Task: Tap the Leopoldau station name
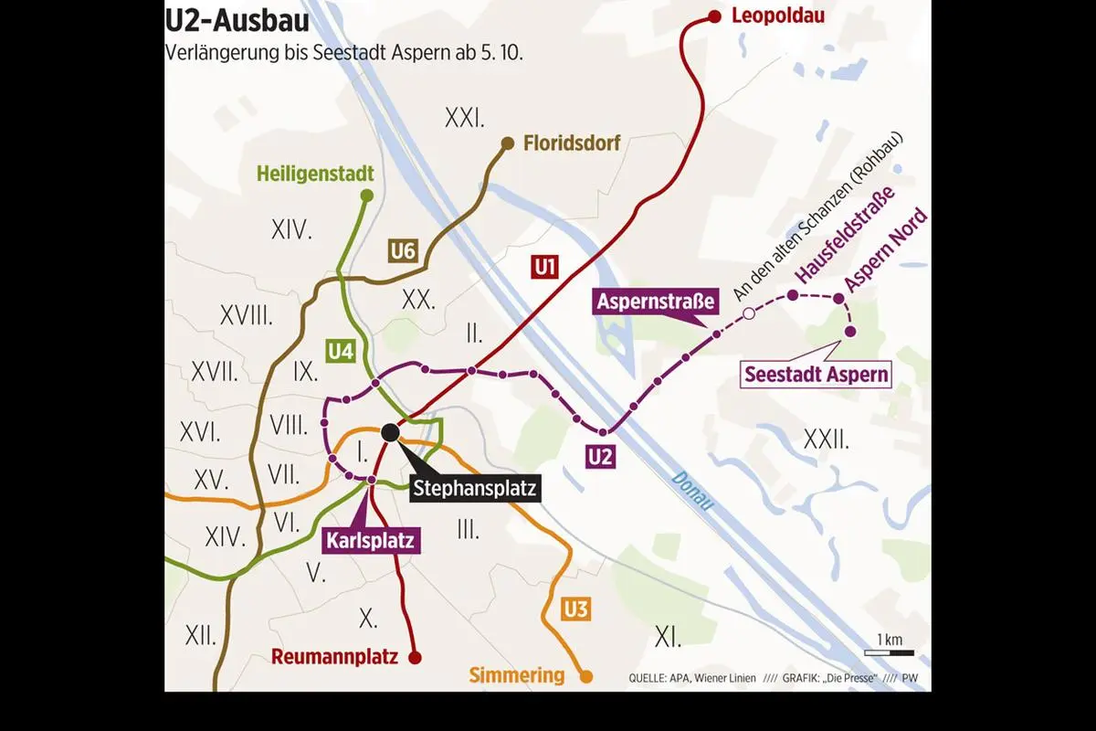click(x=779, y=16)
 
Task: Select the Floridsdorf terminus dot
click(x=508, y=143)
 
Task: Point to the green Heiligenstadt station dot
click(x=367, y=195)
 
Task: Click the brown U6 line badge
click(x=403, y=249)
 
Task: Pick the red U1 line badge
click(x=545, y=267)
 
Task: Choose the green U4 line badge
click(x=341, y=351)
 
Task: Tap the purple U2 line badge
click(x=600, y=457)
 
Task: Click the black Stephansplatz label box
click(x=474, y=488)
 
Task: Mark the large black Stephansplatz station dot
click(x=390, y=432)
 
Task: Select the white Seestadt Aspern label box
click(x=817, y=374)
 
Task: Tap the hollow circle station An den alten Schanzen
click(x=748, y=314)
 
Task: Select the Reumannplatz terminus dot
click(x=414, y=657)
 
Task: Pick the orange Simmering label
click(x=517, y=676)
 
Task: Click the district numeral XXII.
click(x=826, y=440)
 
